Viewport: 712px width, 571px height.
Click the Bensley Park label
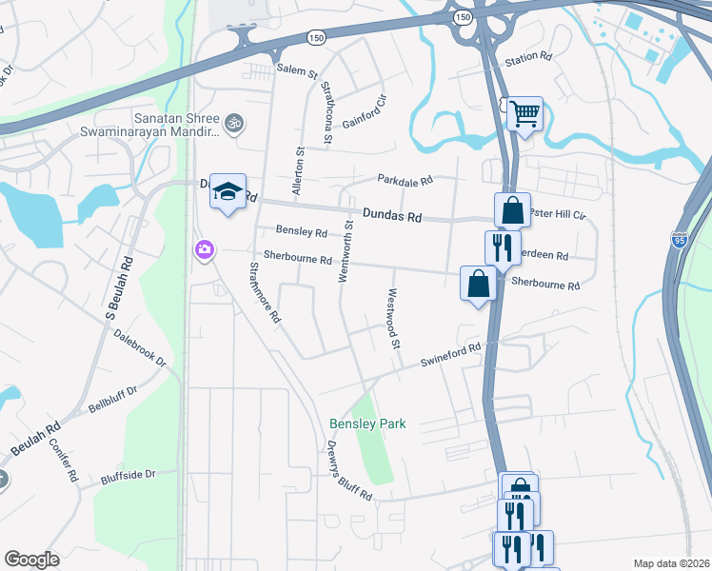tap(367, 423)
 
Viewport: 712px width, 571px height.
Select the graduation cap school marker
tap(227, 191)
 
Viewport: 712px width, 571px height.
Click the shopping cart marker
tap(524, 114)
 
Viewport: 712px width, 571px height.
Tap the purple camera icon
tap(204, 250)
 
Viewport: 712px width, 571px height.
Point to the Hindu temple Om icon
tap(233, 123)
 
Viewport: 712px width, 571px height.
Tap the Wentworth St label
tap(348, 250)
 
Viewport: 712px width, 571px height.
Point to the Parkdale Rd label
tap(405, 179)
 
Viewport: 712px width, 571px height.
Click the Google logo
tap(31, 560)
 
